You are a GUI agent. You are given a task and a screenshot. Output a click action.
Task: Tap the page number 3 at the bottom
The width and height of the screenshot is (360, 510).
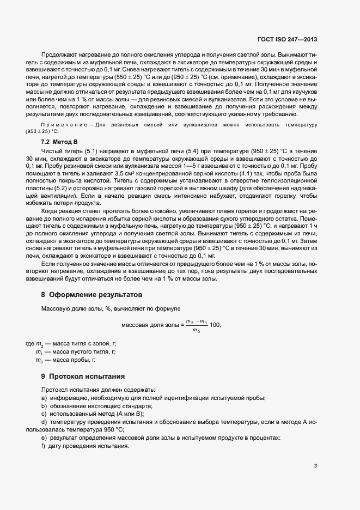click(315, 465)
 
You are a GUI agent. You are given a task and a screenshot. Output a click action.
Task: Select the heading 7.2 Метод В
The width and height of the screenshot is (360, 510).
click(60, 141)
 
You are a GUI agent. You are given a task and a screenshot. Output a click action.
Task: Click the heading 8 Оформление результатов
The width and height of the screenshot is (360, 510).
click(91, 295)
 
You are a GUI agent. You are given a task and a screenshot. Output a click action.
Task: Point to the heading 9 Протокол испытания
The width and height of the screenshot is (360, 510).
click(83, 376)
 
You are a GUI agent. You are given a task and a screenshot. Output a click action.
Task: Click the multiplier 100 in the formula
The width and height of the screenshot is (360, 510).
click(215, 325)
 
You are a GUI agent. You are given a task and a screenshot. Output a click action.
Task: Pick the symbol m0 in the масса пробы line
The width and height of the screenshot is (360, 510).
click(39, 360)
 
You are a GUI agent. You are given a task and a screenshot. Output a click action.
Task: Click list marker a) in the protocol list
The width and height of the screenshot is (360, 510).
click(44, 398)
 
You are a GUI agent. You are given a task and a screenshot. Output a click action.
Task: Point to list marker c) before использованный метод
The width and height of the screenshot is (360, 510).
click(44, 414)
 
